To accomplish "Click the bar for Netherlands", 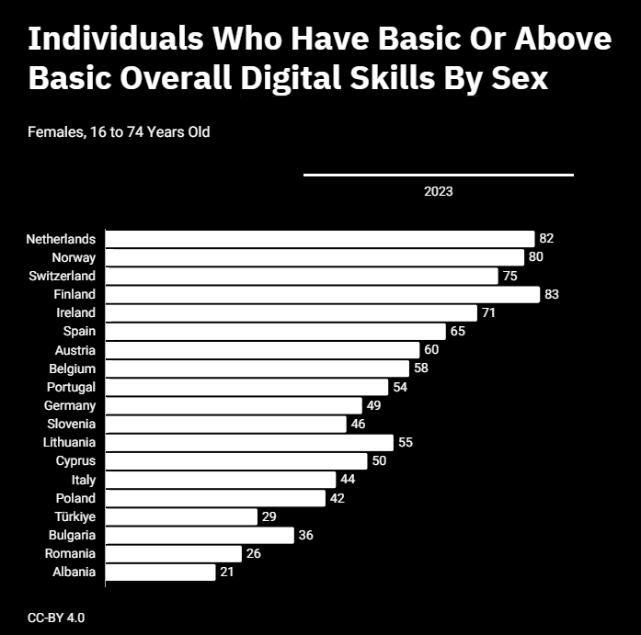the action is [320, 239].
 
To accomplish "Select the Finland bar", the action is [323, 294].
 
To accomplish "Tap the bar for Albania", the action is [160, 573].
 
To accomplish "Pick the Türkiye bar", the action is [181, 516].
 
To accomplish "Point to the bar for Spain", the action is [276, 331].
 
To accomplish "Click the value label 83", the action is [552, 294].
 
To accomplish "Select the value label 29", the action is [269, 516].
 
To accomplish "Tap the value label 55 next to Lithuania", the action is [406, 442].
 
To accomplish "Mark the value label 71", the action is [488, 312].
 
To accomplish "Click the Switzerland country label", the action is [62, 276].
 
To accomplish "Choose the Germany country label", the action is [70, 405].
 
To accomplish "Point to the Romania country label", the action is [70, 553].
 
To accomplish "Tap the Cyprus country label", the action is [75, 461].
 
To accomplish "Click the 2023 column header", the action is [439, 191].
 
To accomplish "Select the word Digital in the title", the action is [291, 77].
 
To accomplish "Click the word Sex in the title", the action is [520, 77].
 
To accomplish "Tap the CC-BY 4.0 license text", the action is [56, 618].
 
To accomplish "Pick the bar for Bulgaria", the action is [200, 536].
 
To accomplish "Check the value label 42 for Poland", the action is [337, 498].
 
